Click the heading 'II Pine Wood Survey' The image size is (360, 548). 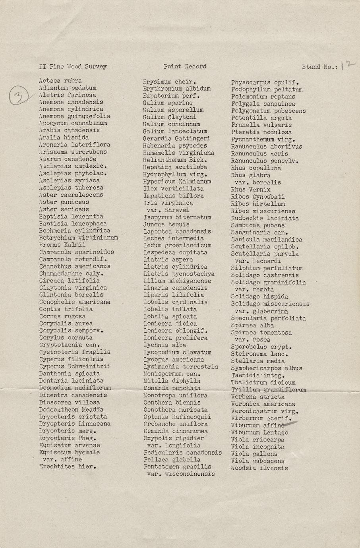pyautogui.click(x=73, y=67)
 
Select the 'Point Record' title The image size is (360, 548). pyautogui.click(x=185, y=67)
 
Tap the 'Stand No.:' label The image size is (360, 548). pyautogui.click(x=320, y=67)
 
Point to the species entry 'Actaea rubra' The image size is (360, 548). pyautogui.click(x=60, y=81)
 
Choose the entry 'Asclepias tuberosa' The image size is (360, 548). pyautogui.click(x=71, y=188)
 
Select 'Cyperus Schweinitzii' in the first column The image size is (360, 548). pyautogui.click(x=75, y=366)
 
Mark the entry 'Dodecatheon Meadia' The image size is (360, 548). pyautogui.click(x=71, y=409)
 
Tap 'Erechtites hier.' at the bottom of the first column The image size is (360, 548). pyautogui.click(x=68, y=467)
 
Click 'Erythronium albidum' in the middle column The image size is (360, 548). pyautogui.click(x=177, y=89)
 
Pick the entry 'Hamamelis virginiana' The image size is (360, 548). pyautogui.click(x=178, y=153)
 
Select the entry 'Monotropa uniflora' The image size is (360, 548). pyautogui.click(x=175, y=395)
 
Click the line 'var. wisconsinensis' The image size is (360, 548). pyautogui.click(x=181, y=474)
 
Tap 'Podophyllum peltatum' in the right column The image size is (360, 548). pyautogui.click(x=267, y=90)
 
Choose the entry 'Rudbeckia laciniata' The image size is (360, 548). pyautogui.click(x=265, y=218)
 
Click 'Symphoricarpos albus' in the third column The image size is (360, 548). pyautogui.click(x=266, y=368)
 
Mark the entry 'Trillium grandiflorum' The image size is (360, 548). pyautogui.click(x=268, y=390)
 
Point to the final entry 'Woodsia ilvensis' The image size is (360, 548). pyautogui.click(x=259, y=468)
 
